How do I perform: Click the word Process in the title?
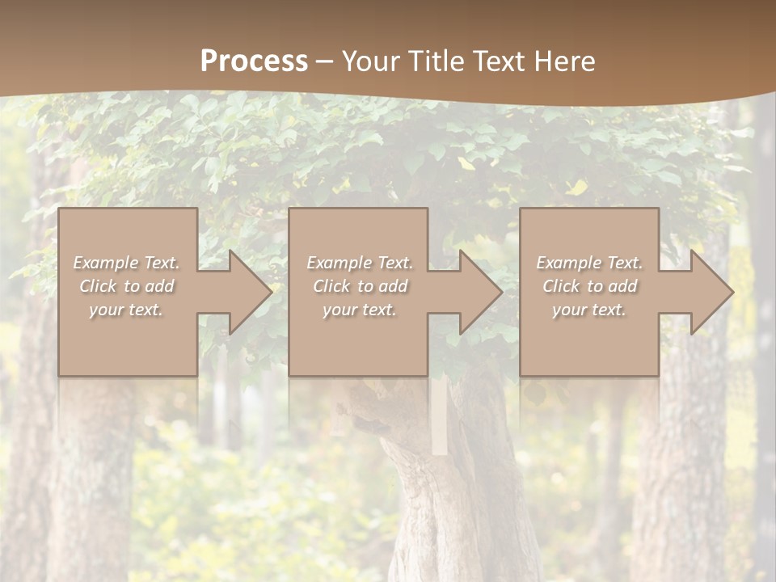(254, 61)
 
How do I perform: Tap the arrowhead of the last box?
(711, 292)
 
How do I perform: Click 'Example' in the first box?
(105, 263)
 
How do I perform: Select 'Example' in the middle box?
(339, 263)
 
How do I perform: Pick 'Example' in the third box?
(568, 263)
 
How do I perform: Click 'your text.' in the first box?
(126, 310)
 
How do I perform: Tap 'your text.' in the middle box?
(360, 310)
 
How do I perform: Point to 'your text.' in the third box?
(589, 310)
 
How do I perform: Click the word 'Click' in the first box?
(98, 286)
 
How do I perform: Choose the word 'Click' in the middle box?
(331, 286)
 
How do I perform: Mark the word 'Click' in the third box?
(561, 286)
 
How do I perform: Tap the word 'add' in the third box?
(622, 286)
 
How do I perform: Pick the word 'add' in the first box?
(158, 286)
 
